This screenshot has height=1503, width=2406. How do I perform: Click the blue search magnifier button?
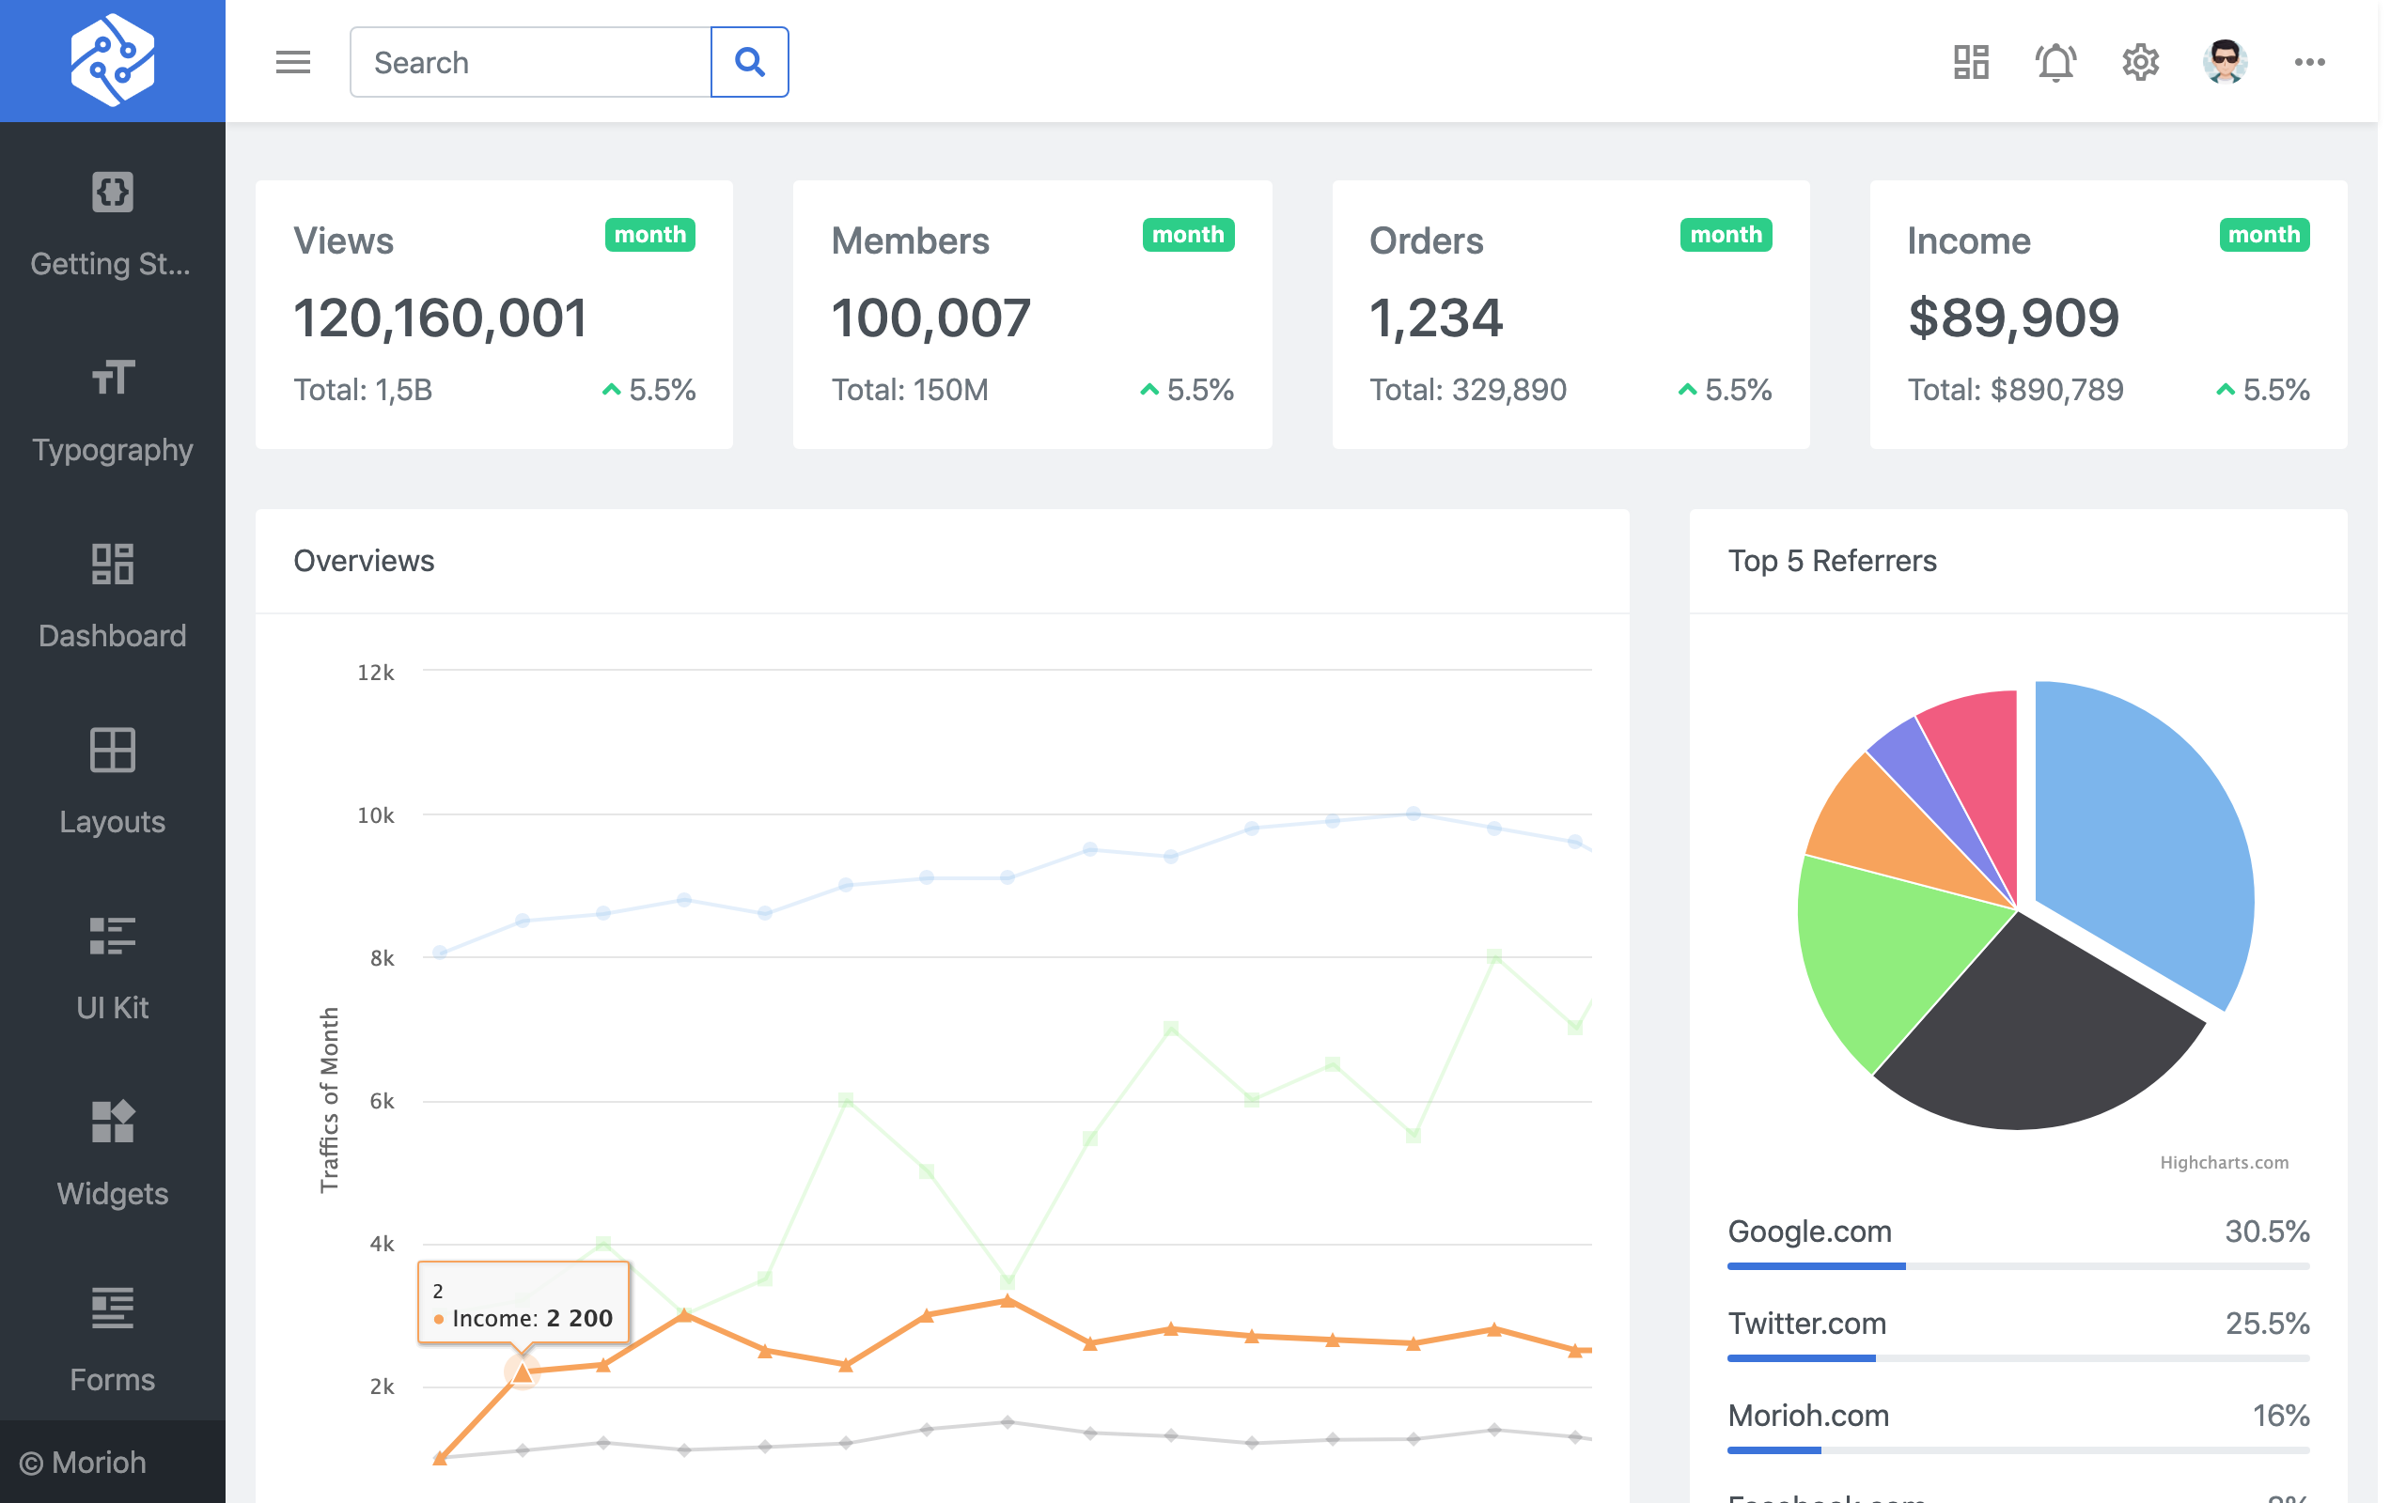tap(750, 63)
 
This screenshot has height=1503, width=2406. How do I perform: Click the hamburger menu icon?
tap(293, 63)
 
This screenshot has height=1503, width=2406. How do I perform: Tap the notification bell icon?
tap(2055, 63)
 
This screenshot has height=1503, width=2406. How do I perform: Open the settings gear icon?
tap(2139, 63)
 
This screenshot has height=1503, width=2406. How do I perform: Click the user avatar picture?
tap(2224, 63)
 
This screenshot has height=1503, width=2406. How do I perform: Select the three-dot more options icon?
tap(2308, 63)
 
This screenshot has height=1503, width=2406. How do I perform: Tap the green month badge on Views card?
tap(649, 235)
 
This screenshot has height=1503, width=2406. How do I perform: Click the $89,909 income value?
tap(2013, 318)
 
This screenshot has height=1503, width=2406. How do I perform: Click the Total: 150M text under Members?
tap(910, 390)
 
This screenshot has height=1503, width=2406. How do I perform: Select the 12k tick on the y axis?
tap(376, 673)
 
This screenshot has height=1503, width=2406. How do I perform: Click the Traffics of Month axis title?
tap(329, 1098)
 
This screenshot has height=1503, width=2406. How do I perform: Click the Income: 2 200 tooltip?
tap(523, 1303)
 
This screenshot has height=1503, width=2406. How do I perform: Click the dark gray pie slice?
tap(2028, 1034)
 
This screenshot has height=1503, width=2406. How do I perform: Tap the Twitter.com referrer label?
tap(1806, 1323)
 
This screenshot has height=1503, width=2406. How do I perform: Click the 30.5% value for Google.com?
tap(2266, 1232)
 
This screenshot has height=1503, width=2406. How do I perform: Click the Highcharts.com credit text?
tap(2223, 1162)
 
